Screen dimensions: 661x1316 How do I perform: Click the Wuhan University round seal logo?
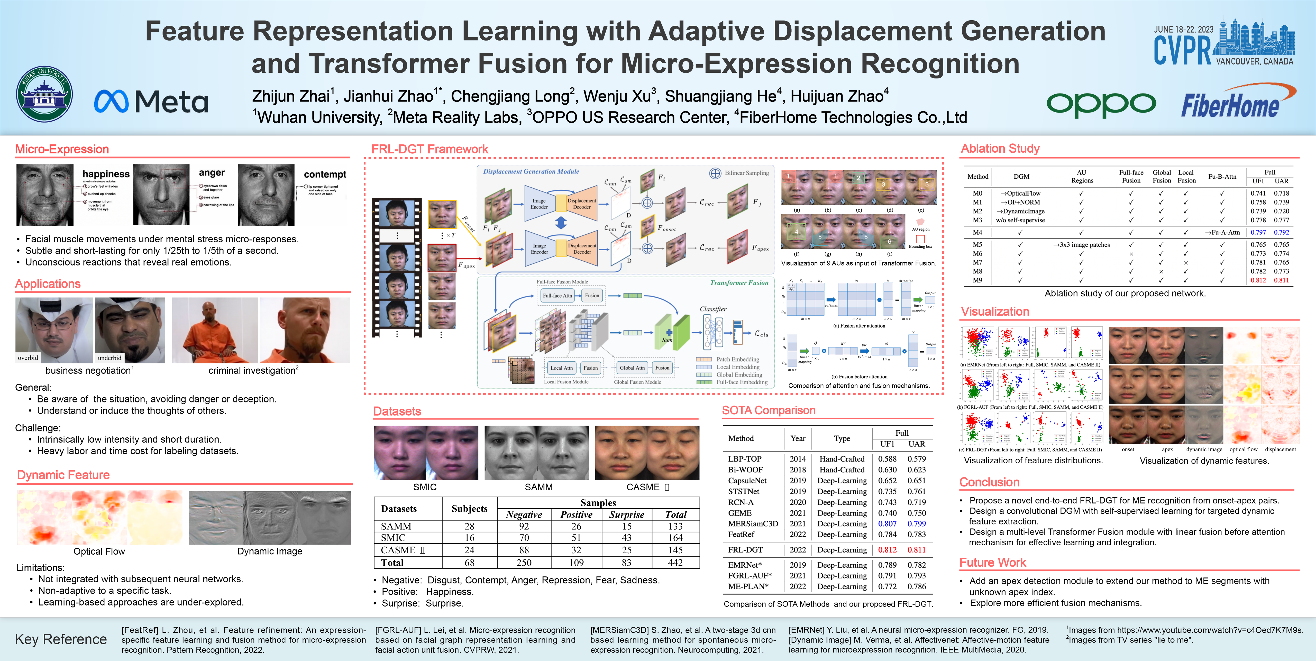[44, 94]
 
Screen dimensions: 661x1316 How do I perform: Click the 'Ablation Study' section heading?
[1000, 149]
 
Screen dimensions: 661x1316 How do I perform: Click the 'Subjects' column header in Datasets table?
[469, 509]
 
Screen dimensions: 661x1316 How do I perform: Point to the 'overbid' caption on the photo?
[28, 357]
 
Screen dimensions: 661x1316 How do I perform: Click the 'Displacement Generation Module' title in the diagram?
[531, 172]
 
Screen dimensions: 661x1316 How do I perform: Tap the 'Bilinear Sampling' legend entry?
[746, 173]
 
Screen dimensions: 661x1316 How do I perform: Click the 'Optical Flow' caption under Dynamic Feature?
[99, 551]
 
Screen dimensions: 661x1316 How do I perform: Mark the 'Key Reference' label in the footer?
[61, 639]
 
